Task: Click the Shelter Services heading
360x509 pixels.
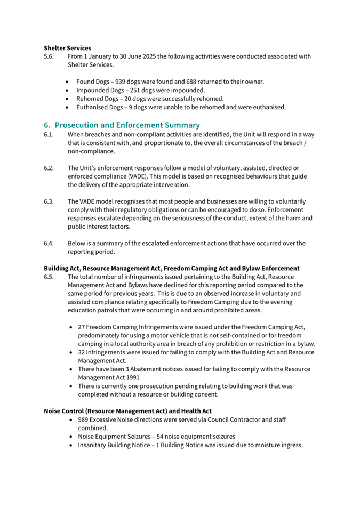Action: [x=67, y=48]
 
